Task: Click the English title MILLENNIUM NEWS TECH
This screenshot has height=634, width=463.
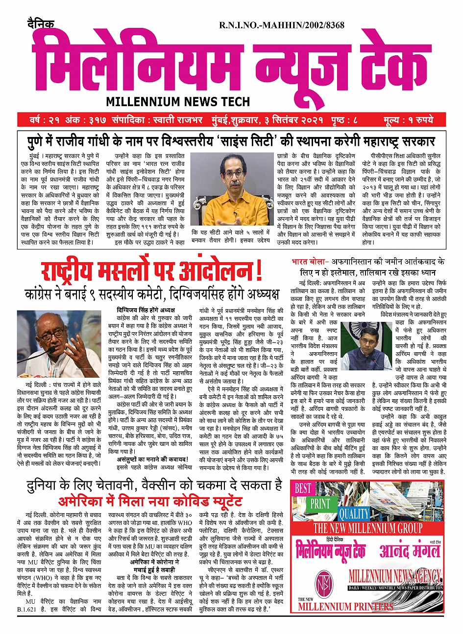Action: [x=178, y=102]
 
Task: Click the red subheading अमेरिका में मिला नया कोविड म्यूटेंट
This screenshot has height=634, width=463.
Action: [x=150, y=501]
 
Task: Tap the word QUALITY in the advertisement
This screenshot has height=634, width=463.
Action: [x=354, y=514]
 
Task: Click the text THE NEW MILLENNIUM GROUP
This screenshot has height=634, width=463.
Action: [x=367, y=528]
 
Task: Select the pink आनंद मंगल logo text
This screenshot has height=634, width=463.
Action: [x=410, y=550]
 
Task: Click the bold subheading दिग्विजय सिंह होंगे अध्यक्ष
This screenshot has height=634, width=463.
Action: [x=146, y=310]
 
